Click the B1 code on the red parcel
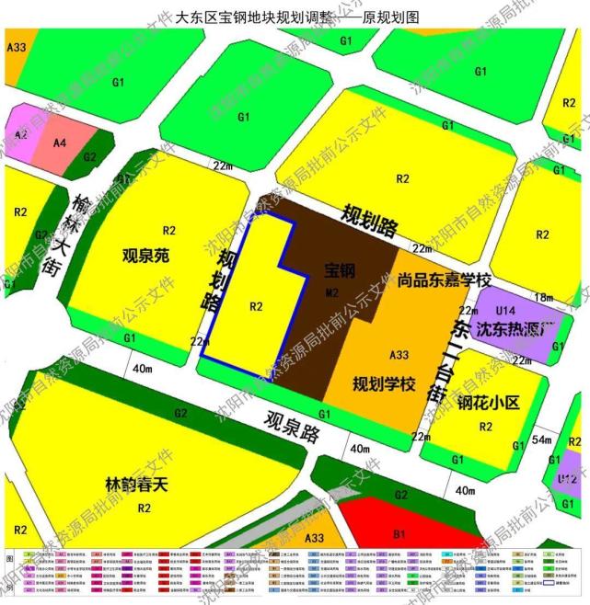399,533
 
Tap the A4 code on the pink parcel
60,143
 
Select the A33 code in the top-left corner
16,46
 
